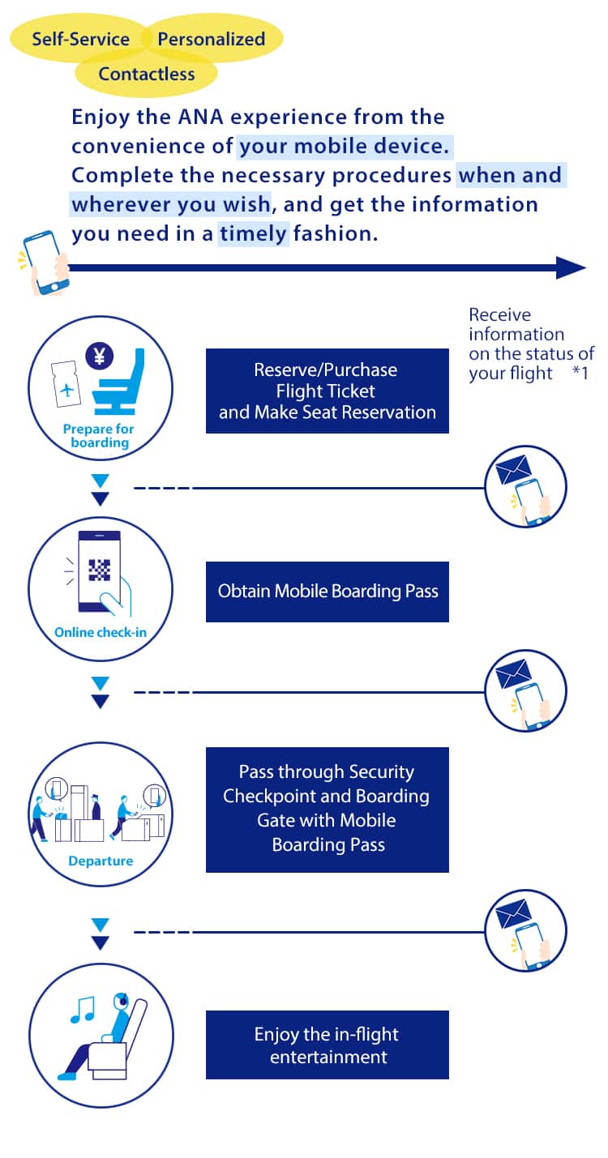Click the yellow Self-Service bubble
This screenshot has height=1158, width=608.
pos(80,39)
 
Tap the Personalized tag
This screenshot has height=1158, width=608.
pos(212,39)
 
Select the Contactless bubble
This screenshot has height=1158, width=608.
pos(147,74)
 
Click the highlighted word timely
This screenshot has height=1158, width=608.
pos(254,234)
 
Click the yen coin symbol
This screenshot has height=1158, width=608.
pos(100,356)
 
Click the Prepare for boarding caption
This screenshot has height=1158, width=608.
pos(99,436)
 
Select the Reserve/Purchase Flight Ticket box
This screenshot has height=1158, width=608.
pos(327,391)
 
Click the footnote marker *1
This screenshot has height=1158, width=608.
pos(580,374)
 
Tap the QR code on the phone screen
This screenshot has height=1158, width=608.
pos(99,570)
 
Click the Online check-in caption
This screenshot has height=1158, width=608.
pos(101,632)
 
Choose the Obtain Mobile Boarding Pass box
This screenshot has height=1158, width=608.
pos(327,592)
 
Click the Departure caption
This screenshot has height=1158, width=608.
pos(101,861)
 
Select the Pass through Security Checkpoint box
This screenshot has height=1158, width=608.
pos(327,809)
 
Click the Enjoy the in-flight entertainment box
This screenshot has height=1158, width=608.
pos(327,1045)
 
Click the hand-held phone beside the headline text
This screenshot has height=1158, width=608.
pos(44,262)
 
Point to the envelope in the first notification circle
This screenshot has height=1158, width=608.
pos(513,469)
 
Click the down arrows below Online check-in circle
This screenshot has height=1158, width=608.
pos(100,693)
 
